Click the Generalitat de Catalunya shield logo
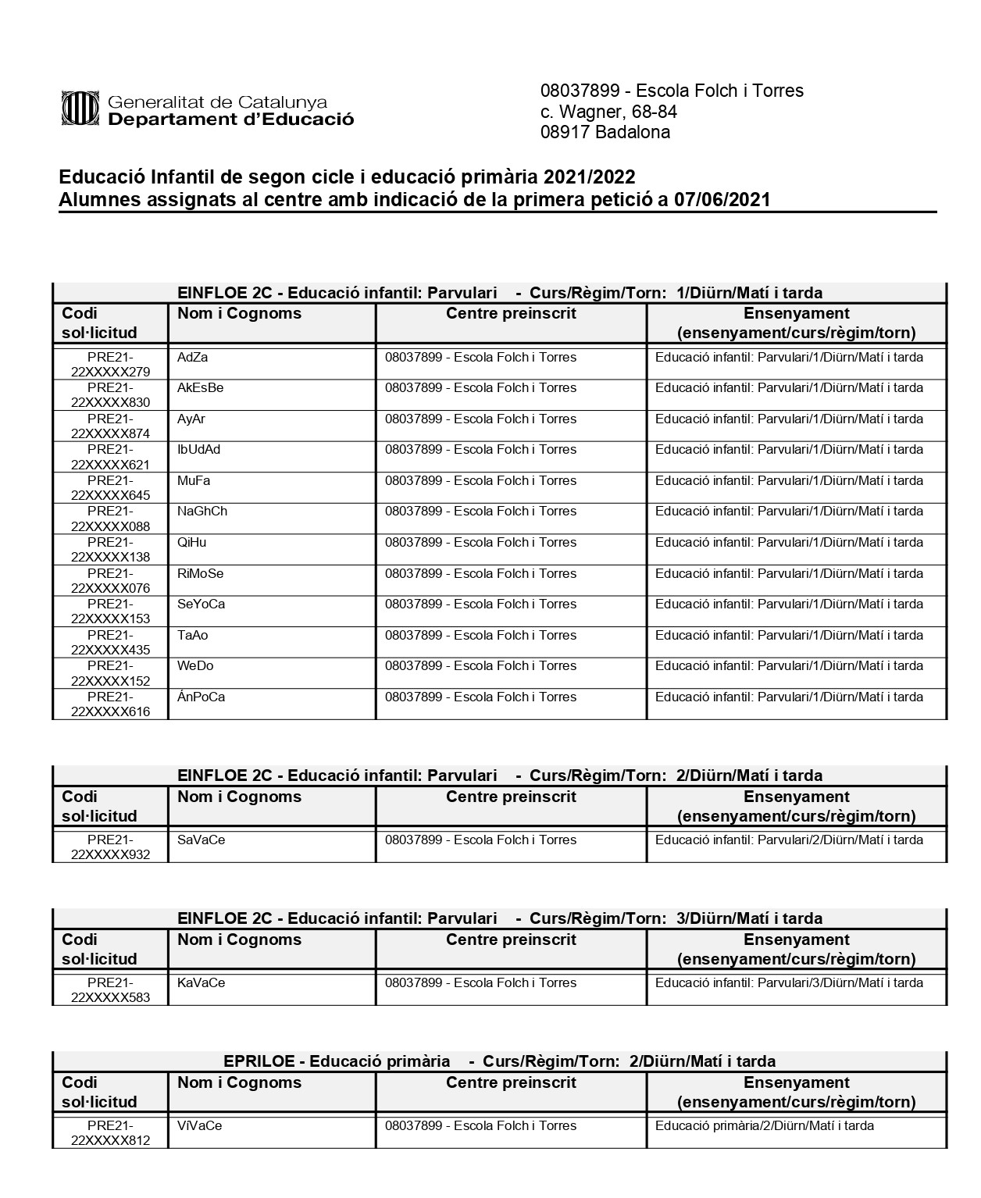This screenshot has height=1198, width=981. coord(80,109)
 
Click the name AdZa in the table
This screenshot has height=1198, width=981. coord(192,358)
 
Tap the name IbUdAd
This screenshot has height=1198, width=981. coord(198,450)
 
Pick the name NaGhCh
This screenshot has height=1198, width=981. coord(202,512)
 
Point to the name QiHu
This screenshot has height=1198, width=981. coord(191,543)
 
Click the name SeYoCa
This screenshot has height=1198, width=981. coord(201,604)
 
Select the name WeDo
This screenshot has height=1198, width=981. coord(194,666)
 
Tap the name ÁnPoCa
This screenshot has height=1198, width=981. coord(201,697)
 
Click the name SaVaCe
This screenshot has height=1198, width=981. coord(201,840)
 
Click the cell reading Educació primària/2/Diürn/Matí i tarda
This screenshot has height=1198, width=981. coord(764,1126)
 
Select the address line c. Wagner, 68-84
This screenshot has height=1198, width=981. coord(608,112)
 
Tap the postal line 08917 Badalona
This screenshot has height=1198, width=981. coord(605,132)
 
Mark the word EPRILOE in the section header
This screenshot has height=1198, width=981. coord(259,1061)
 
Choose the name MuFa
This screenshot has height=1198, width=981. coord(193,481)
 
